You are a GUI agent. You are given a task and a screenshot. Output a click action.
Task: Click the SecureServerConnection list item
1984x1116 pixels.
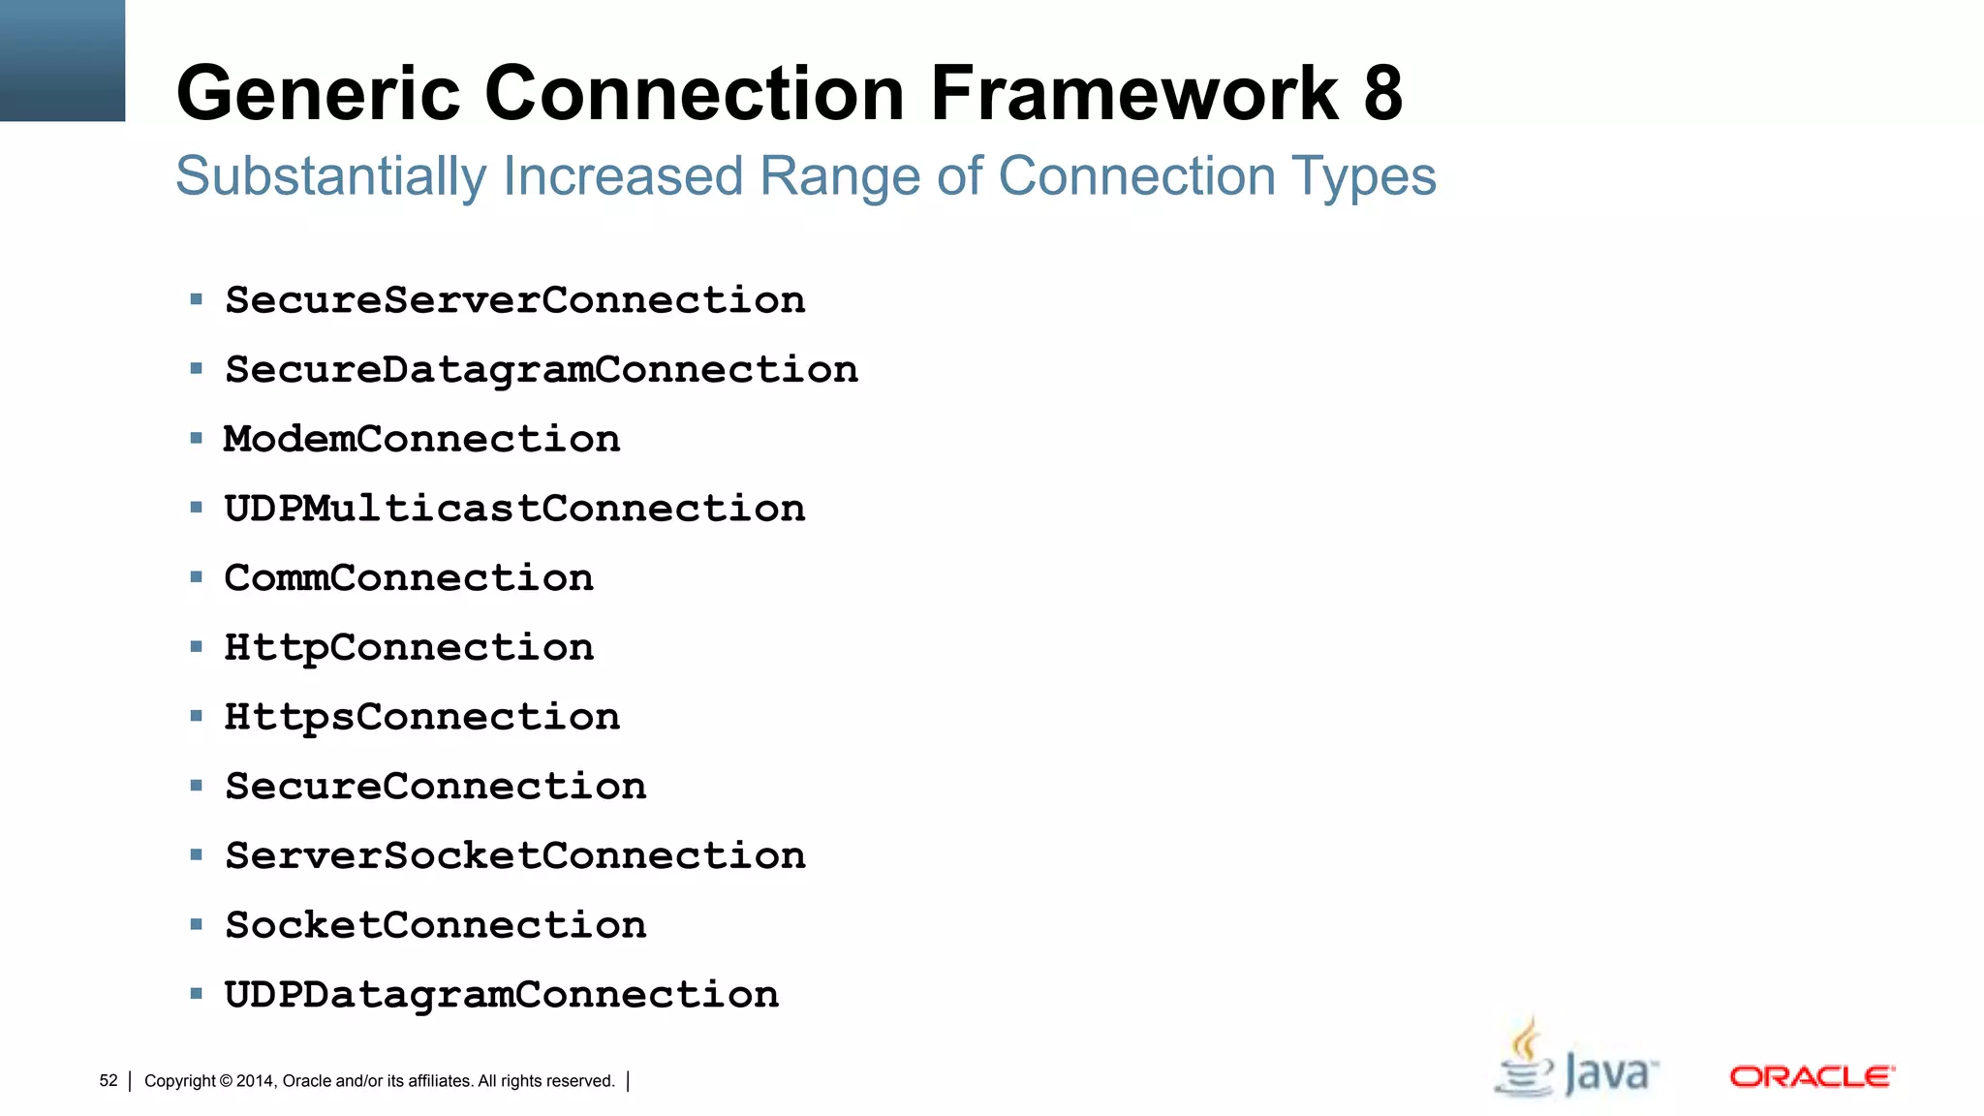514,300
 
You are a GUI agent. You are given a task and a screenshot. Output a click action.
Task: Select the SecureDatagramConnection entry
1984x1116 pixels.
542,370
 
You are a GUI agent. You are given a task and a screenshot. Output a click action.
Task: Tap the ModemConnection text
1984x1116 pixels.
421,440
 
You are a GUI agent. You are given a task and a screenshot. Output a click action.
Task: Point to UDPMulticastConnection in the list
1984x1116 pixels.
514,509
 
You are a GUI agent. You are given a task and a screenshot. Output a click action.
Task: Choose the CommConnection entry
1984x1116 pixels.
409,578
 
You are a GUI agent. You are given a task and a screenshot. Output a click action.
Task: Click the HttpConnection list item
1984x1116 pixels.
409,648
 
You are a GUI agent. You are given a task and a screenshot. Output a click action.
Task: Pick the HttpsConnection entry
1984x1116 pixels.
421,717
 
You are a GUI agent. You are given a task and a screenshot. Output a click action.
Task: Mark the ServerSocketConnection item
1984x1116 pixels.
514,856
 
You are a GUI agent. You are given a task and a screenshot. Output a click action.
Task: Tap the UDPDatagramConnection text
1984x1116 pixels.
501,995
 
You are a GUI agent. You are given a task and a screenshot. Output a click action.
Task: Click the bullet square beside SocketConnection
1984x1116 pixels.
197,925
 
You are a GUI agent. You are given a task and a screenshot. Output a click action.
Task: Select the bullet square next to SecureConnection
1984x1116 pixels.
197,786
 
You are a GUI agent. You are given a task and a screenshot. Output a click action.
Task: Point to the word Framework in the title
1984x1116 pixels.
1134,94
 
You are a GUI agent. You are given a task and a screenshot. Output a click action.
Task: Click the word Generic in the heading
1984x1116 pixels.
318,94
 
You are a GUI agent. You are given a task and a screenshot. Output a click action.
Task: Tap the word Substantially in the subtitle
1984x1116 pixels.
330,177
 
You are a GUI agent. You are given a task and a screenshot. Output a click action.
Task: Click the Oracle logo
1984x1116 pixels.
1812,1077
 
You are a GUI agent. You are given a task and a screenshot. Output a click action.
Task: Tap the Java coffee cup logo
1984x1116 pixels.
1527,1061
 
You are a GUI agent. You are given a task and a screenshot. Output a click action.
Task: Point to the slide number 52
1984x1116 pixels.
108,1081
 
